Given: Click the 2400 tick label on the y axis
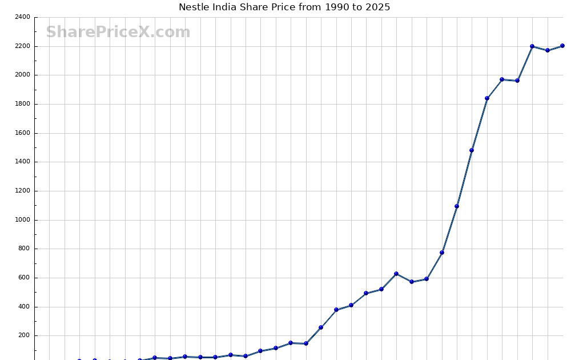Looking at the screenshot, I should coord(23,17).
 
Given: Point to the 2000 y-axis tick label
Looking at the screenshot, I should coord(23,75).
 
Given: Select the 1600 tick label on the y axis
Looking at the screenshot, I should coord(23,133).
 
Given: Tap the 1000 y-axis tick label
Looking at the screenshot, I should coord(23,220).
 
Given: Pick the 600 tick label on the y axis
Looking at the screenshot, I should coord(25,278).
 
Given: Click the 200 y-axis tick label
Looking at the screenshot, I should coord(25,335).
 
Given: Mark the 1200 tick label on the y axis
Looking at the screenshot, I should coord(23,191).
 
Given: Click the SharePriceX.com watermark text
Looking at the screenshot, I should coord(118,32).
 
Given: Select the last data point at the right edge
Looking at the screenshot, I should coord(562,46).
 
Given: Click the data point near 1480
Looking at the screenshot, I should coord(472,150).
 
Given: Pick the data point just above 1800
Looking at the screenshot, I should coord(487,98).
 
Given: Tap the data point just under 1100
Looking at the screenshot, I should coord(457,206).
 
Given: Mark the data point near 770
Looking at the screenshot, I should coord(442,253).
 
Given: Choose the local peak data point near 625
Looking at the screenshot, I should coord(396,274).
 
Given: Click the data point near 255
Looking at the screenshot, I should coord(321,327).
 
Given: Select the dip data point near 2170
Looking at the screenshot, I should coord(548,50).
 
